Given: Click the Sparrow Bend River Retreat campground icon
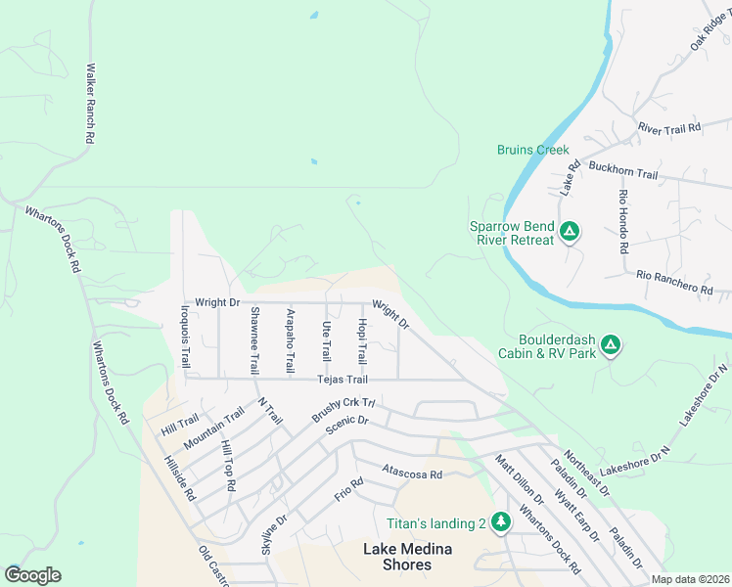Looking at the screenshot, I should pyautogui.click(x=570, y=233).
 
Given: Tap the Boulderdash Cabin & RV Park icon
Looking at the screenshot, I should pyautogui.click(x=610, y=344).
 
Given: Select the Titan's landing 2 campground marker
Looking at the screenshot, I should pyautogui.click(x=501, y=522).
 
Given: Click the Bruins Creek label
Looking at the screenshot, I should pyautogui.click(x=532, y=150).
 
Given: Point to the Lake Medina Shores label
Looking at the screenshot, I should pyautogui.click(x=411, y=557).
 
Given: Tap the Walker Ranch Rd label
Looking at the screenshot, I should pyautogui.click(x=89, y=105).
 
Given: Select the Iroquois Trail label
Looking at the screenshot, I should pyautogui.click(x=184, y=338).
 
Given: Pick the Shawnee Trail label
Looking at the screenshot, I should pyautogui.click(x=254, y=340).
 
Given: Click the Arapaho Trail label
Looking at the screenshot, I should pyautogui.click(x=290, y=340).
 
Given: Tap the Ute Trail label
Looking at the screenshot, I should pyautogui.click(x=326, y=340).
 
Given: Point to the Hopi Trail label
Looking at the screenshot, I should pyautogui.click(x=361, y=340).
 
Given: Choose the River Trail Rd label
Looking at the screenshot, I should pyautogui.click(x=669, y=128).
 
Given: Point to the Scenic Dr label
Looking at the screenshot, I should pyautogui.click(x=348, y=421).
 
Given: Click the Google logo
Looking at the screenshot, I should pyautogui.click(x=32, y=575).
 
